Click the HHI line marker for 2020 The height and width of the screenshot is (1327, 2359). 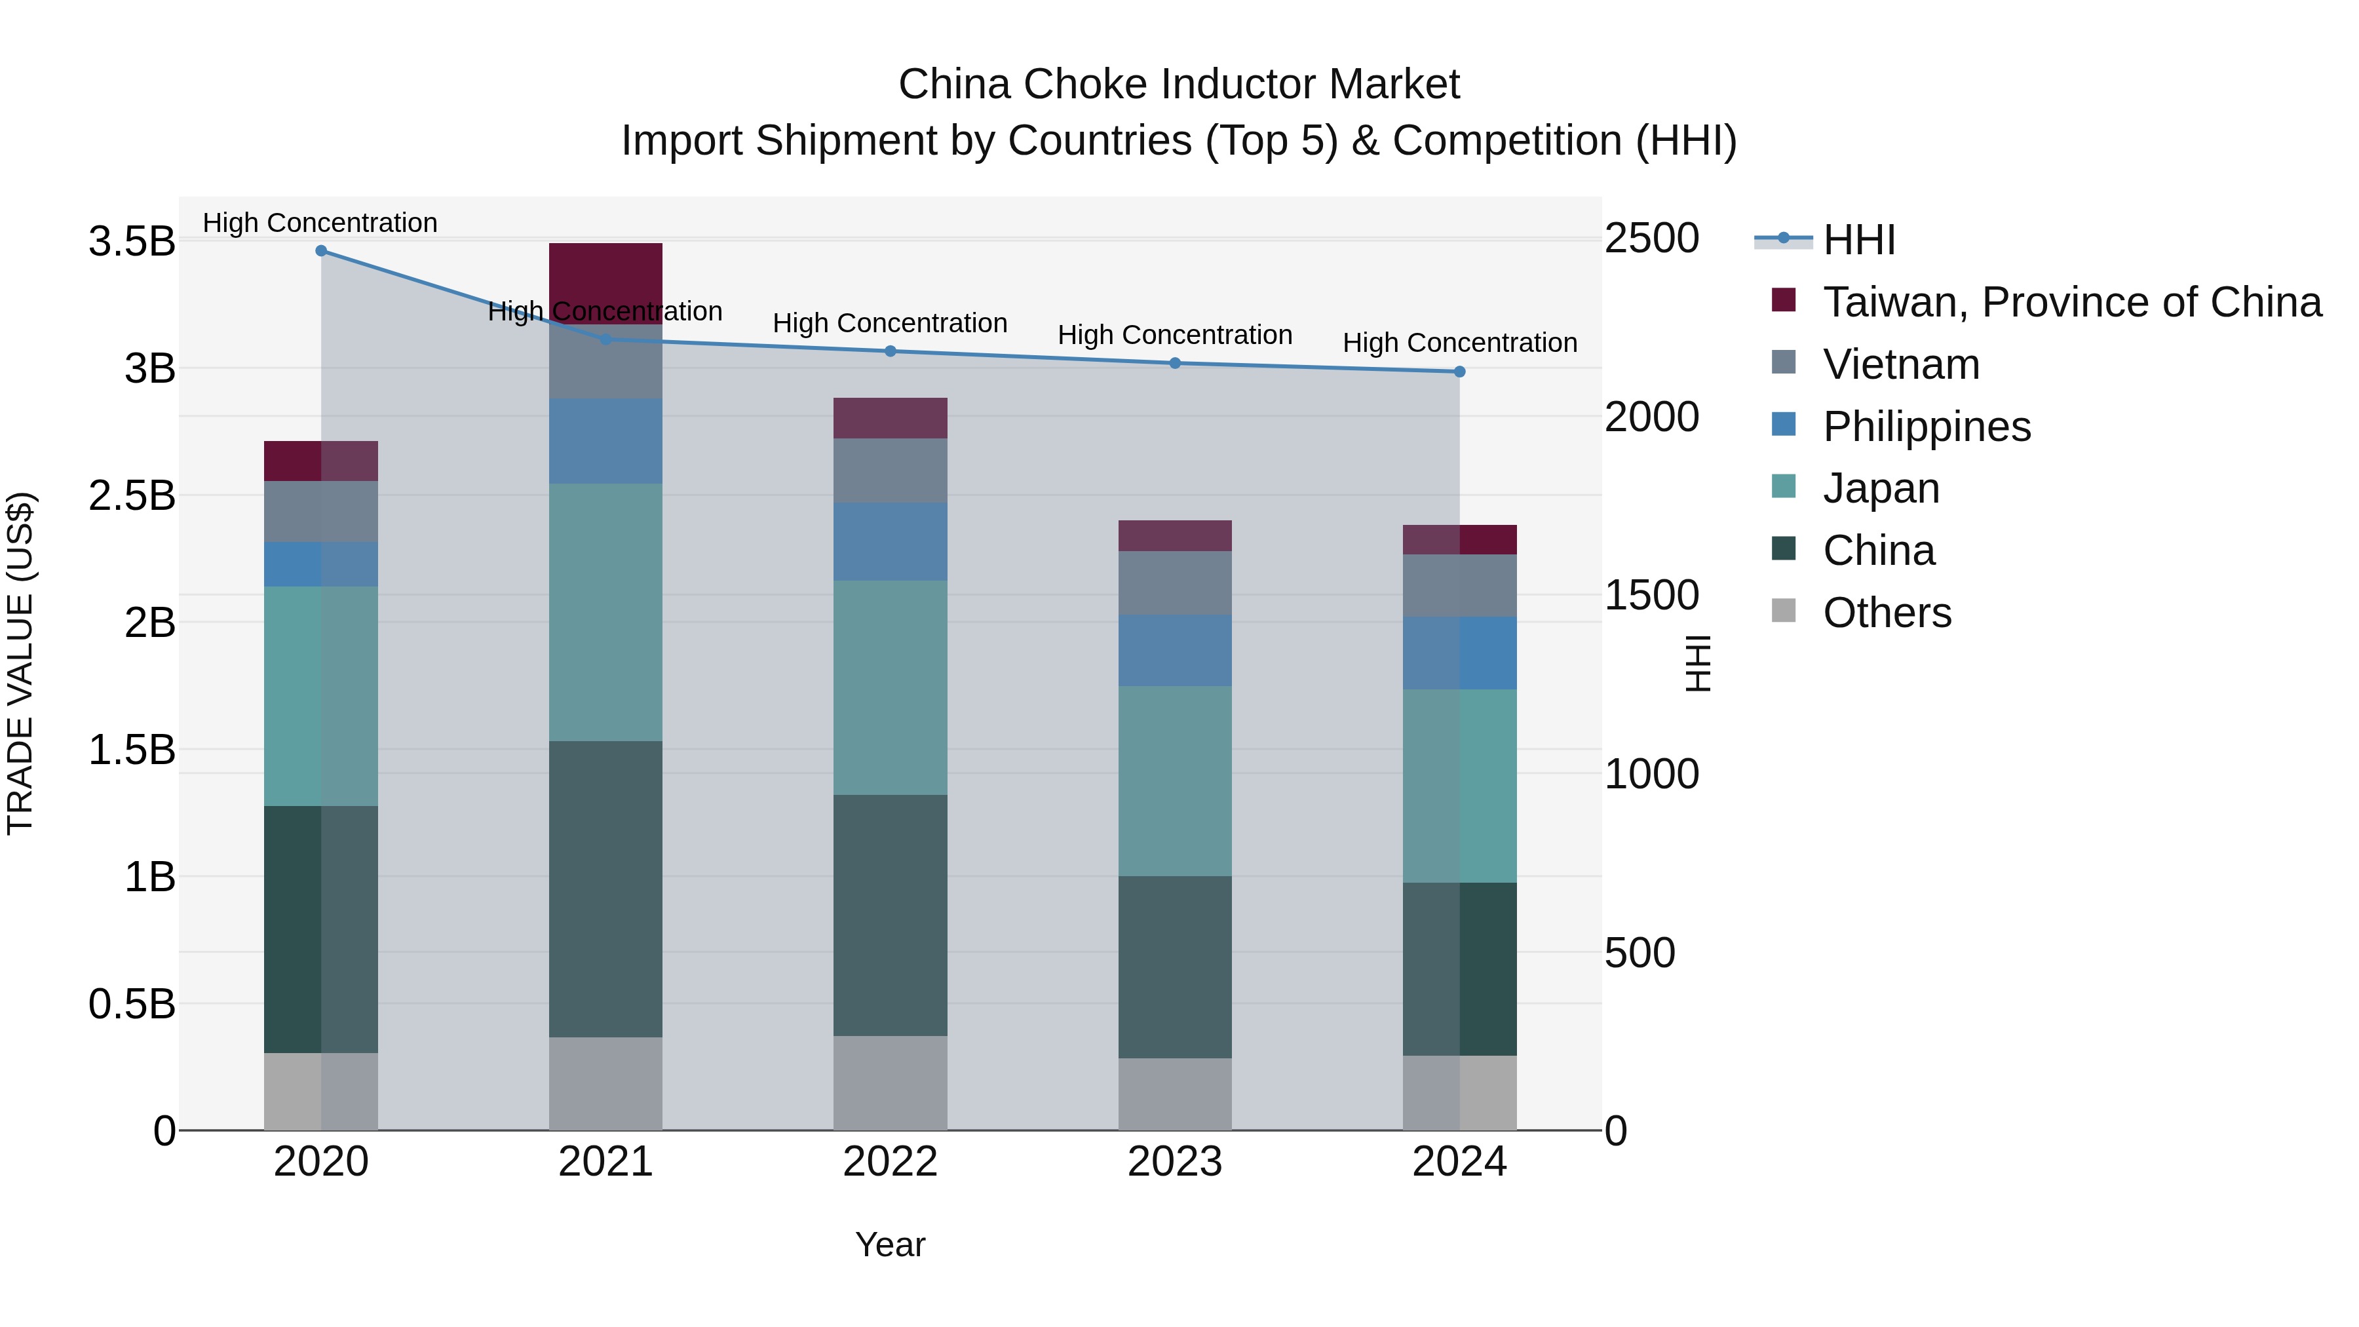coord(320,251)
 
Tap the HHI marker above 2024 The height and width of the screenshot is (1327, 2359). coord(1460,372)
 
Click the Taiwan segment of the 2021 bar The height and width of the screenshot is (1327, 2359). coord(605,275)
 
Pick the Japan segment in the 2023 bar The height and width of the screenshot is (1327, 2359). coord(1175,781)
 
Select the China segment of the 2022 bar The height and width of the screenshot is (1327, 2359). coord(890,916)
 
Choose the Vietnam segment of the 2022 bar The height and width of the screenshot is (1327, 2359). coord(890,471)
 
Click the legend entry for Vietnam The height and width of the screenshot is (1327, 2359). coord(1900,364)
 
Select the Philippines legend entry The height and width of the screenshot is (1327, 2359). coord(1926,427)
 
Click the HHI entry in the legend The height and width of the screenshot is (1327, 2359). coord(1858,240)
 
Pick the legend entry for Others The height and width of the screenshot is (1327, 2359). coord(1887,613)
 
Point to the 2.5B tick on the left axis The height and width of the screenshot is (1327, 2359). coord(132,495)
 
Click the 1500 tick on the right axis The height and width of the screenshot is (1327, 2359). coord(1652,595)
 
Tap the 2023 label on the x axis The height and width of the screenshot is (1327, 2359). coord(1175,1162)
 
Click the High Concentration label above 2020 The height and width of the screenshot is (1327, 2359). coord(320,223)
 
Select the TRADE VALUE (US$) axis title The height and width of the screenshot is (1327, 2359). coord(20,663)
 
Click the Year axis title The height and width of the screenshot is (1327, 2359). coord(890,1244)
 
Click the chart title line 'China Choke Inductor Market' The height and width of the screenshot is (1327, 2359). coord(1179,85)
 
